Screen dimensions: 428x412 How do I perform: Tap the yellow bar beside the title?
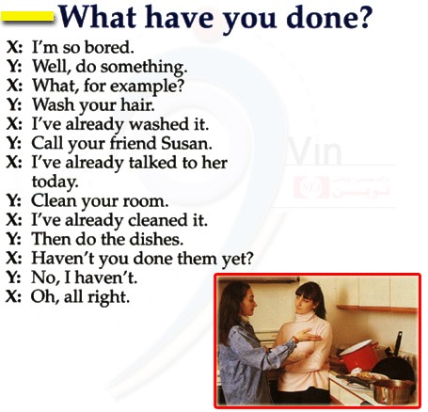tap(27, 16)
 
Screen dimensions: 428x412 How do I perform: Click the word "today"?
tap(55, 182)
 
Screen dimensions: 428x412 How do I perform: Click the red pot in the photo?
tap(358, 355)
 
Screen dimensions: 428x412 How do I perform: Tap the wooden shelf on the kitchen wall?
tap(377, 309)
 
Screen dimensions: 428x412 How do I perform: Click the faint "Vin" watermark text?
tap(314, 151)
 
